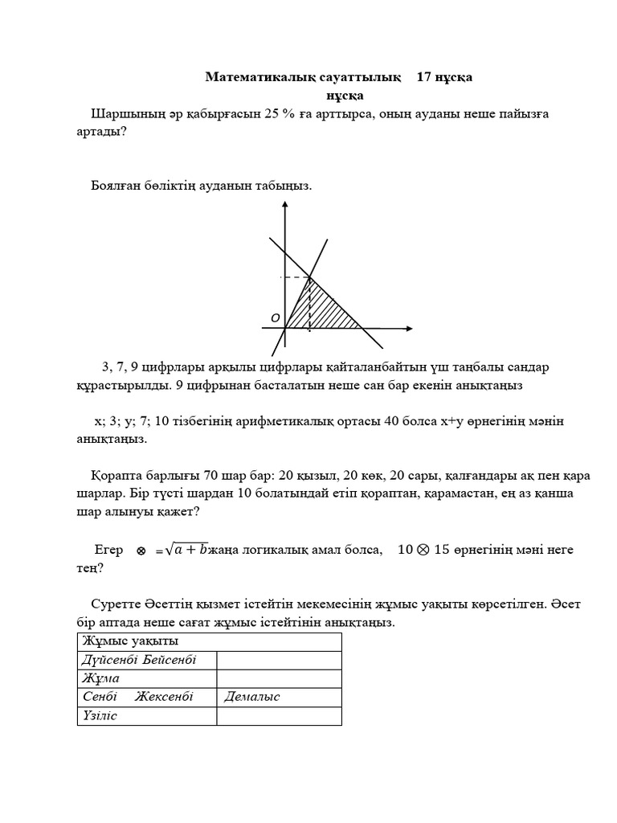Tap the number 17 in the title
[427, 77]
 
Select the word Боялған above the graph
[118, 186]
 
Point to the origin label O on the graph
[275, 319]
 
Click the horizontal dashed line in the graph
[295, 277]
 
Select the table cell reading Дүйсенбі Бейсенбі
[138, 660]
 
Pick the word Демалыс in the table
[252, 697]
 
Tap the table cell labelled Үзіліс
[100, 715]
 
